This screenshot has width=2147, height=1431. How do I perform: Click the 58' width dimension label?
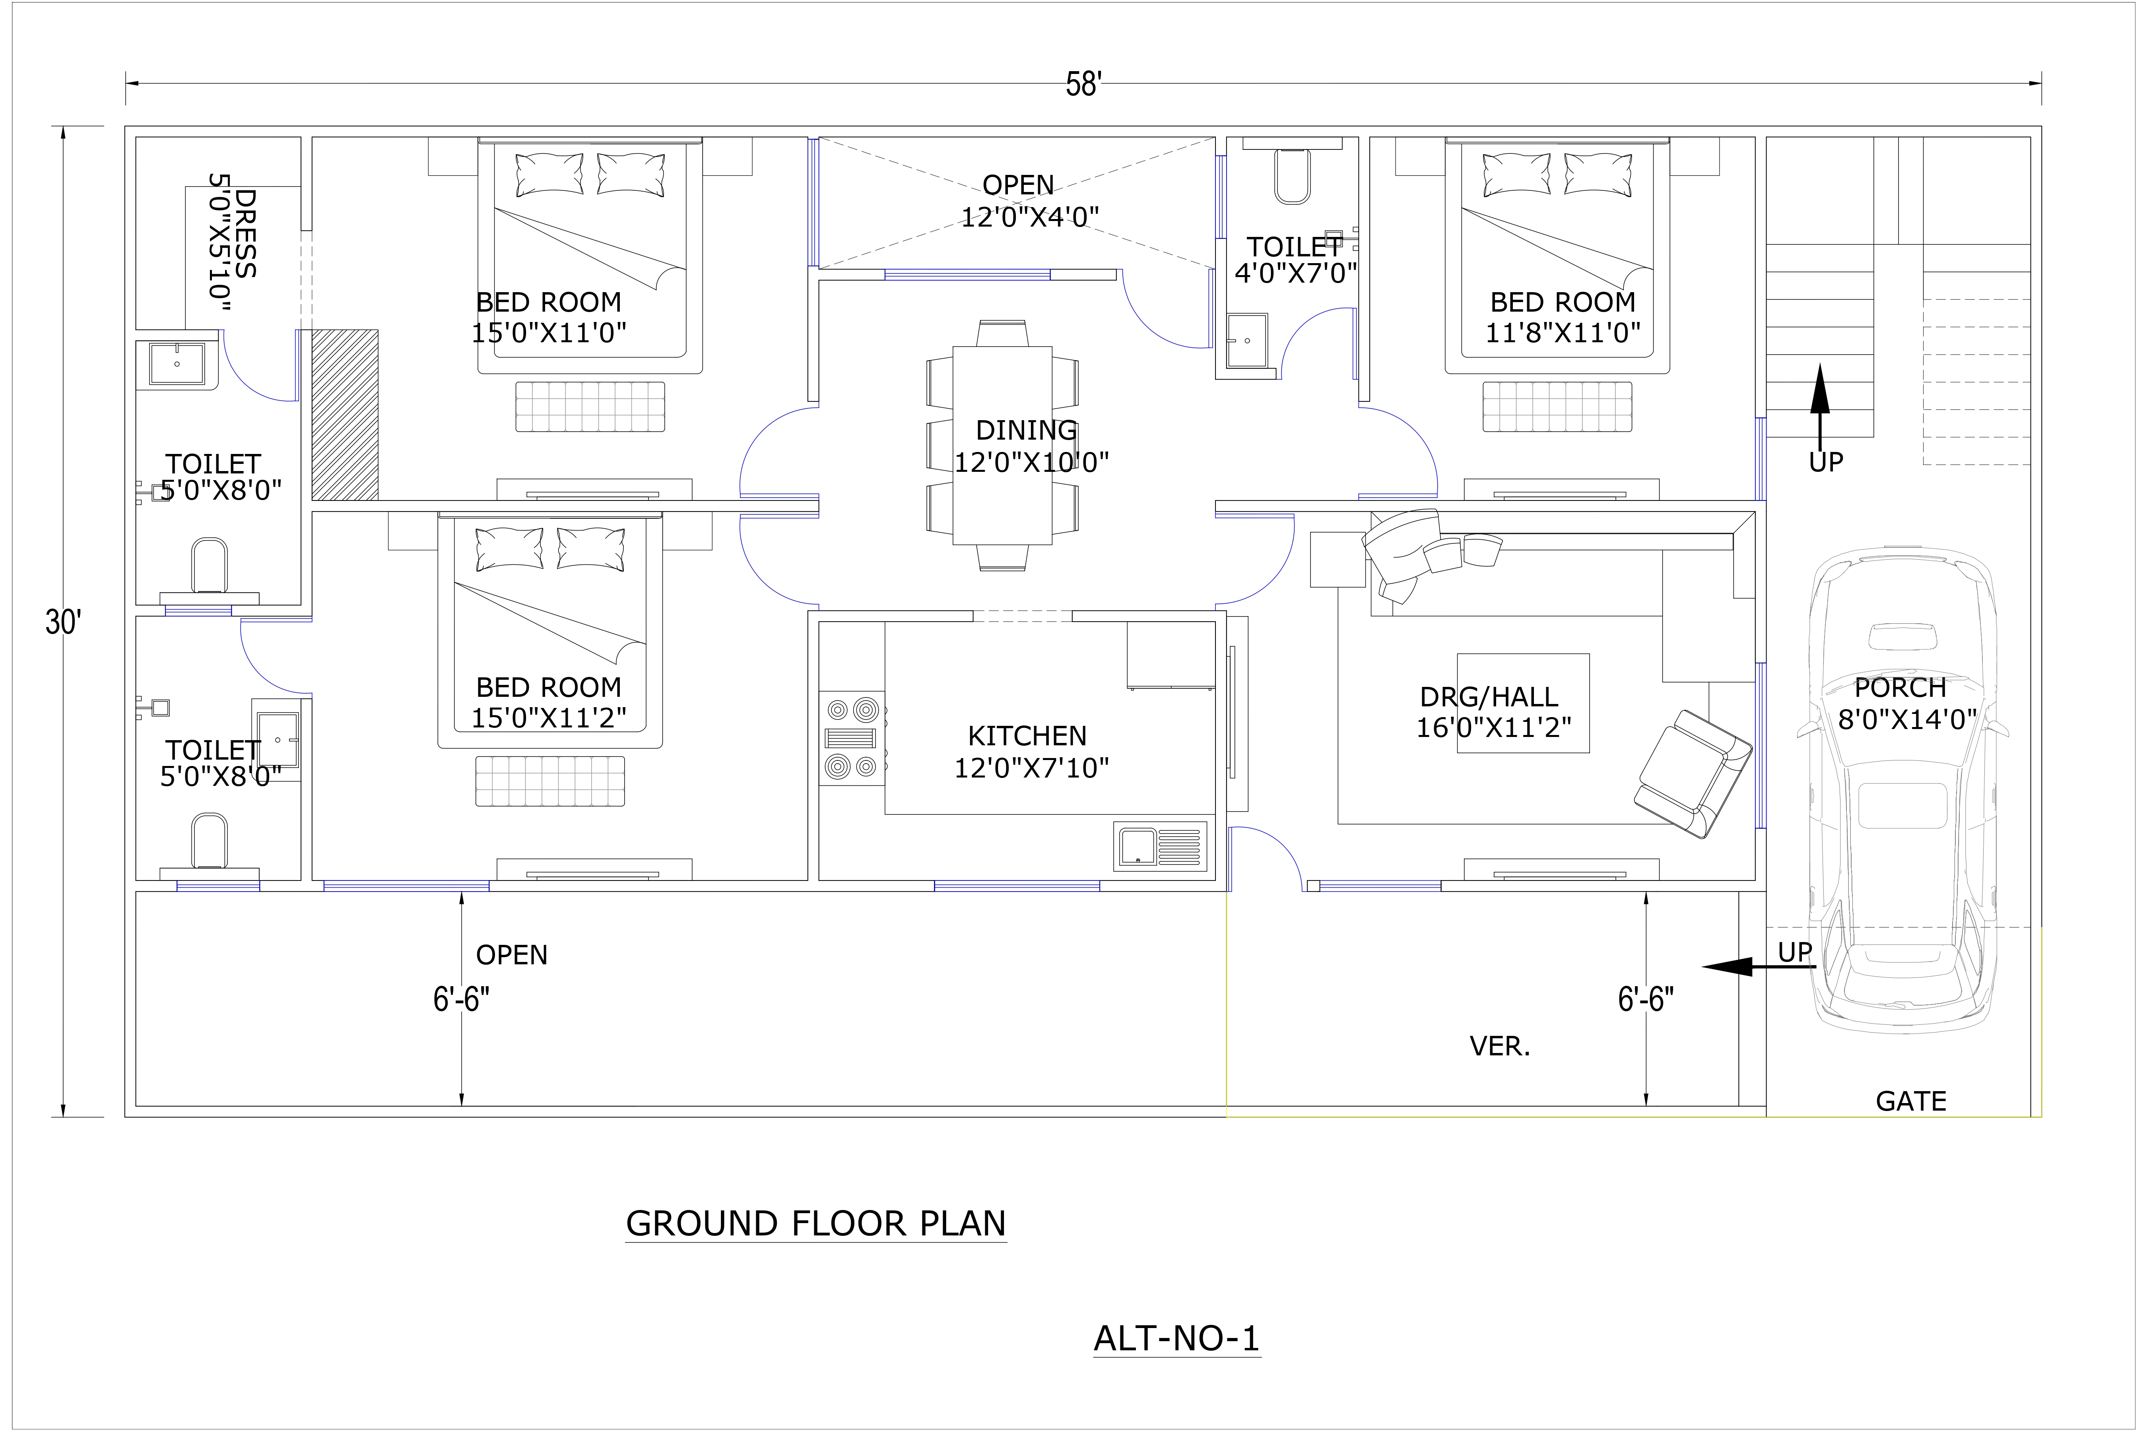pos(1083,85)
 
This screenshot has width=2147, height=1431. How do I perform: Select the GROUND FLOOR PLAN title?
pos(815,1224)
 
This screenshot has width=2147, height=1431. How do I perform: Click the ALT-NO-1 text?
pos(1176,1339)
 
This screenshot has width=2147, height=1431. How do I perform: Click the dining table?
pos(1002,445)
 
